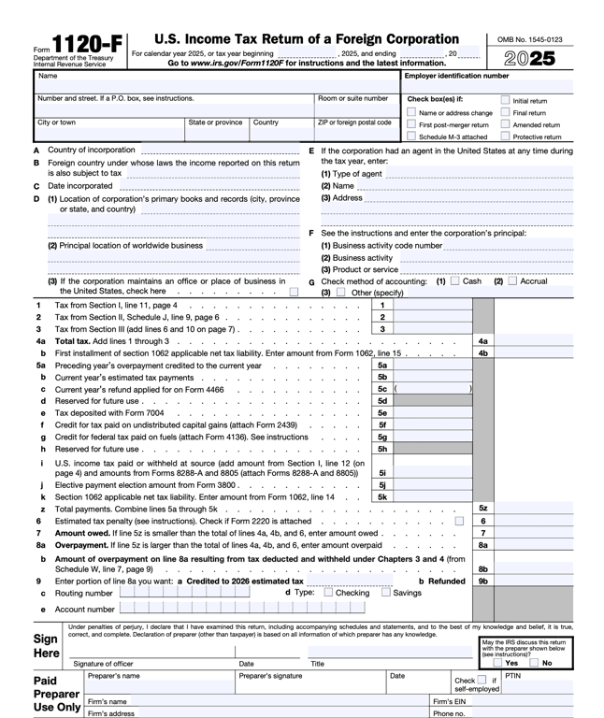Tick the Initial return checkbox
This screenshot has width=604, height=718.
pos(505,100)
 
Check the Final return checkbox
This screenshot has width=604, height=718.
pos(505,112)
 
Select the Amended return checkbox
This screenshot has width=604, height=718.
pos(505,124)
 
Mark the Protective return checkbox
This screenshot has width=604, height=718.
pos(505,136)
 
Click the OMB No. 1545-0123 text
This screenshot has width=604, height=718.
pos(529,39)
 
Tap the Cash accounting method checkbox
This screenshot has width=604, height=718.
pos(454,280)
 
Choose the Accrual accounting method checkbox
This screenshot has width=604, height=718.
pos(511,280)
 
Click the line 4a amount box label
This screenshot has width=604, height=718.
pos(483,341)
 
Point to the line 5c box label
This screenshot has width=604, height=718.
pos(382,389)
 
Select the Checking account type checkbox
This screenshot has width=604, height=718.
pos(328,593)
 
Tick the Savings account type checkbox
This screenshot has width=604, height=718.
pos(386,593)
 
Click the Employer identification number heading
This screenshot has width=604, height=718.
pos(456,76)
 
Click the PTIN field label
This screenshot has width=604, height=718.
pos(513,675)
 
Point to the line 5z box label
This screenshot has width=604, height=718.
pos(483,509)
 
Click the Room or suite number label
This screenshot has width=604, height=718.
pos(352,98)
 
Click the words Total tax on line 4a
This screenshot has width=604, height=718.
pos(74,341)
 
